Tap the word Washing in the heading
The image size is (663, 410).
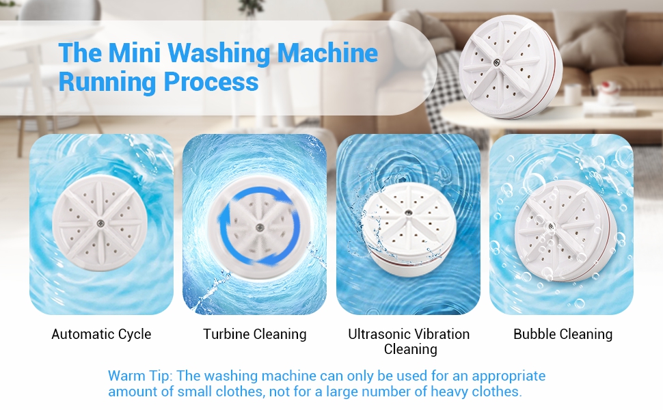coord(219,54)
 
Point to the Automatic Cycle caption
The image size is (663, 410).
coord(101,334)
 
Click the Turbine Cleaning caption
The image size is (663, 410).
coord(254,334)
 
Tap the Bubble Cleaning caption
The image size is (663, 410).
coord(563,334)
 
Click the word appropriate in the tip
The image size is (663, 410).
coord(509,377)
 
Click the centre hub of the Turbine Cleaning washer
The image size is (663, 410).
coord(260,228)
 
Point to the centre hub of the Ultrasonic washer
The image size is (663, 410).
coord(409,214)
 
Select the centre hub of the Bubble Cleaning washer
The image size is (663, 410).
coord(551,227)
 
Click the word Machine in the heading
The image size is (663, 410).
coord(327,53)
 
